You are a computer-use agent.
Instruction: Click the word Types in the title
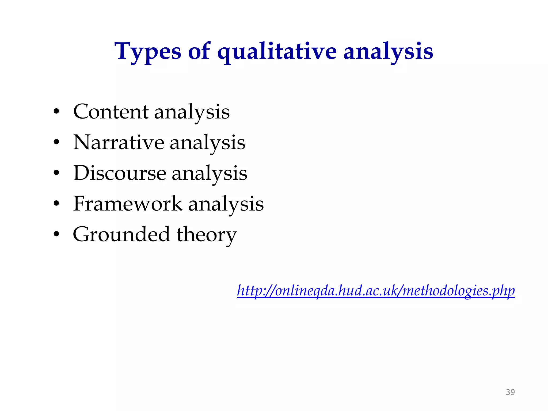(x=148, y=51)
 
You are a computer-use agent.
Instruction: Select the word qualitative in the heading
(x=277, y=51)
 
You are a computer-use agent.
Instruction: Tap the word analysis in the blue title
(x=388, y=51)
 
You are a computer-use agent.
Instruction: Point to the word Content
(x=111, y=112)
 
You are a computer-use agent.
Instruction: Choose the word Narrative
(x=119, y=142)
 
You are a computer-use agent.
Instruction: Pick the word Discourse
(x=120, y=173)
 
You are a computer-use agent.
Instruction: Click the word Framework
(x=128, y=204)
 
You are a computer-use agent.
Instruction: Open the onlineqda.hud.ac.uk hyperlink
(x=376, y=291)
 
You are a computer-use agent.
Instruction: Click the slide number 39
(x=510, y=392)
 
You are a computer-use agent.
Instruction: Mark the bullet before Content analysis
(x=56, y=112)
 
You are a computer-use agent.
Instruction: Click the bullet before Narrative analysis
(x=56, y=142)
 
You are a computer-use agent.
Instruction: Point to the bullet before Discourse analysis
(x=56, y=173)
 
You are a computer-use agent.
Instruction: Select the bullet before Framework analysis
(x=56, y=204)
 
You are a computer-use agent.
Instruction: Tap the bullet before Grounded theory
(x=56, y=235)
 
